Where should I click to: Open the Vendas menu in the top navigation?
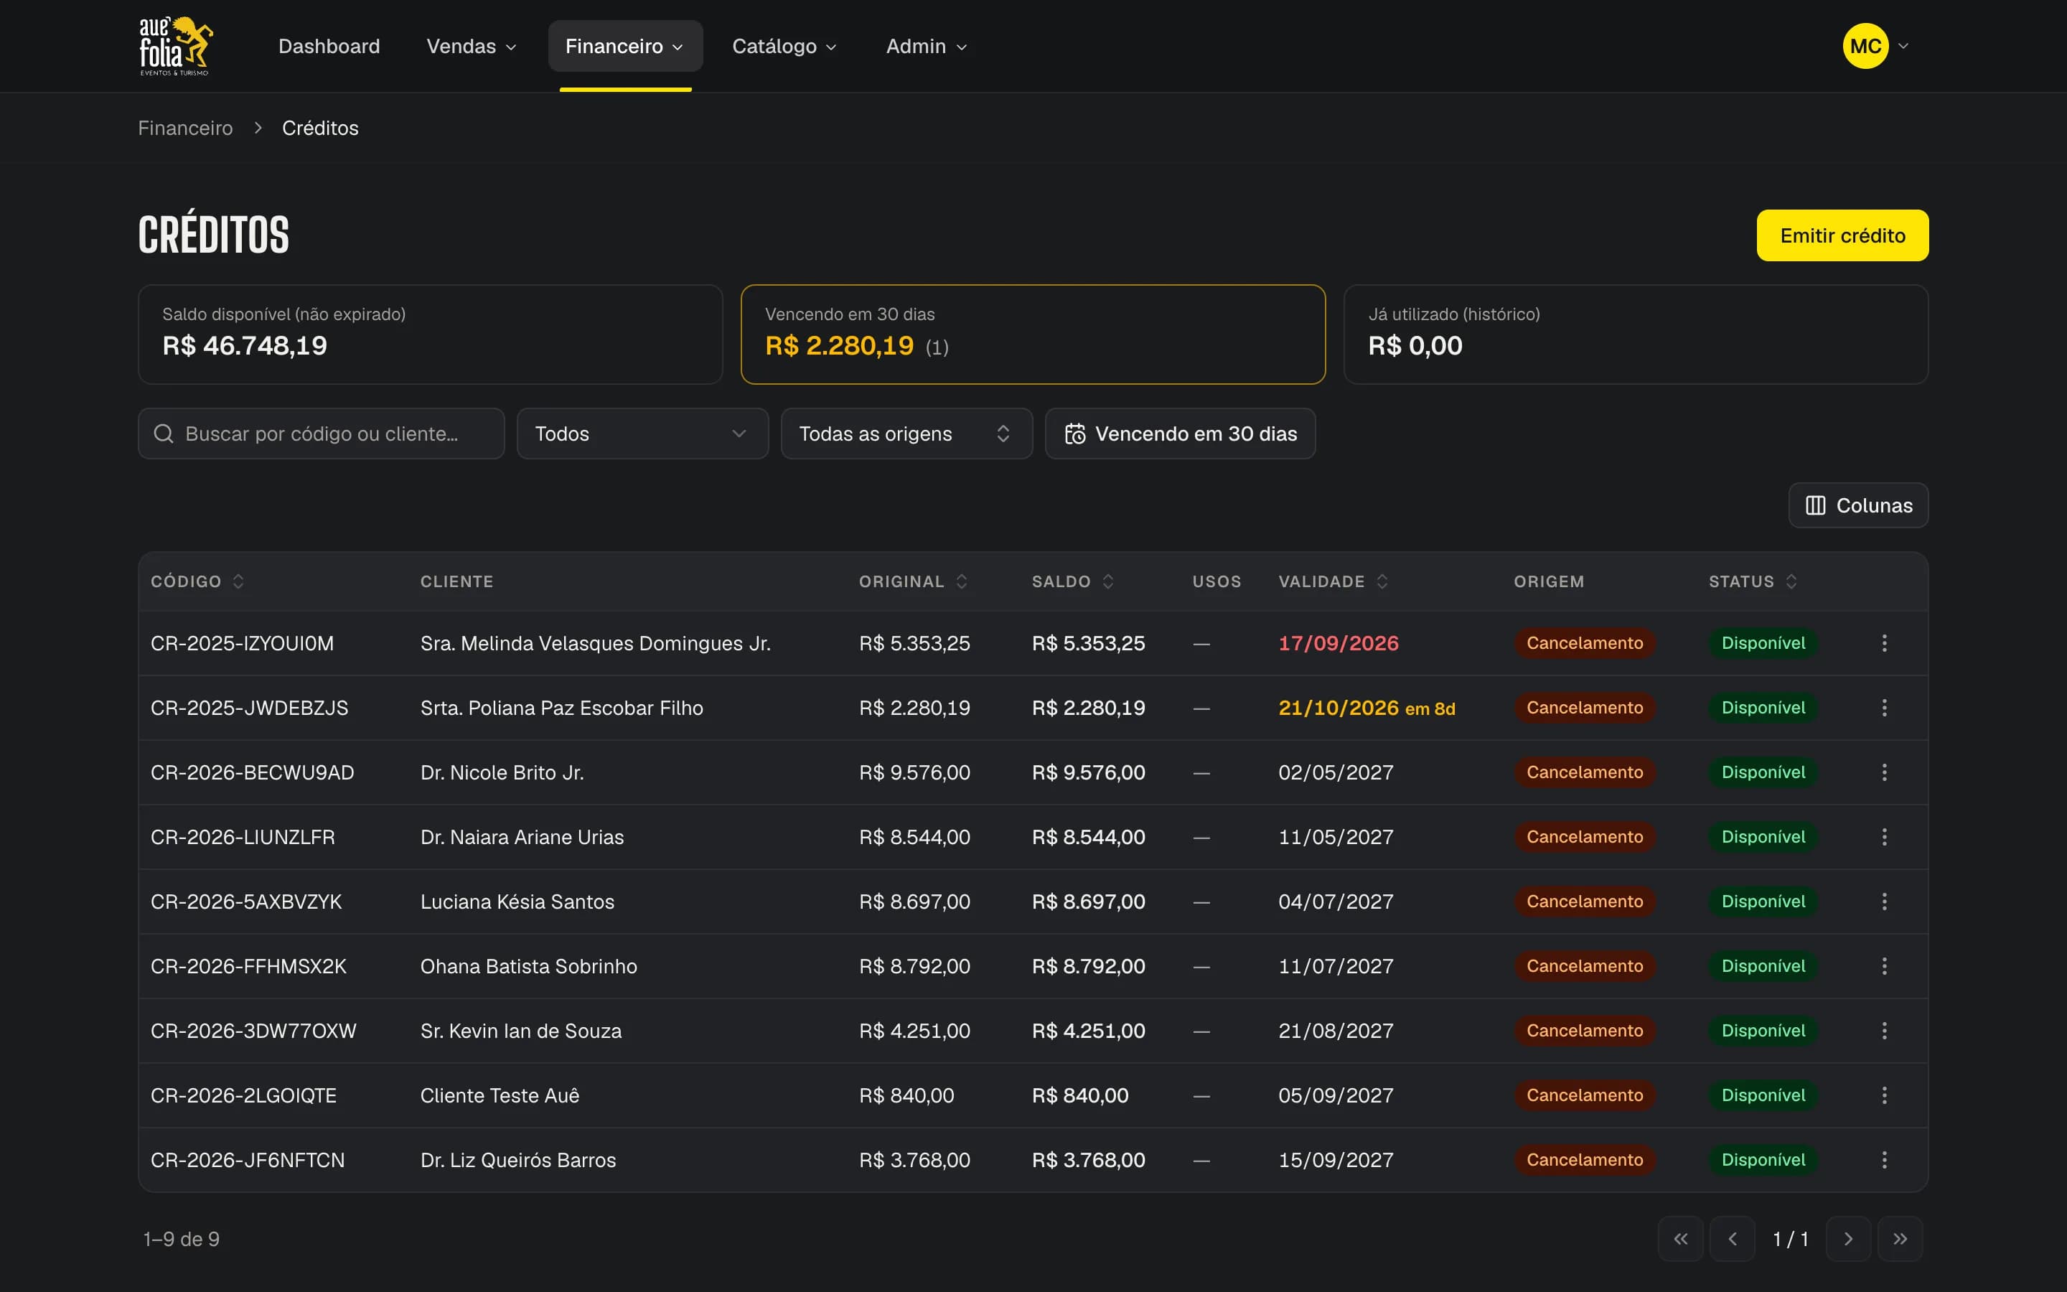pos(472,46)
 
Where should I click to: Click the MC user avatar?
pos(1865,46)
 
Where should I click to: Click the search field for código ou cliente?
pos(321,434)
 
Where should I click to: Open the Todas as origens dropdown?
pos(906,434)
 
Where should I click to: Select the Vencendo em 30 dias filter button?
pos(1180,434)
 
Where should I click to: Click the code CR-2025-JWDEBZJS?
pos(250,708)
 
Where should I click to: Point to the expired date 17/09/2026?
pos(1339,643)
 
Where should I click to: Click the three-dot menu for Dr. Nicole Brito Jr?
pos(1884,772)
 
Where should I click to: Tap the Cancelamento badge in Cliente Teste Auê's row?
pos(1585,1095)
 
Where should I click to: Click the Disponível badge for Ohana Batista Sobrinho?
pos(1763,966)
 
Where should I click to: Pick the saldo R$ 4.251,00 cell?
pos(1088,1031)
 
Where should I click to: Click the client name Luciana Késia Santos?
pos(517,902)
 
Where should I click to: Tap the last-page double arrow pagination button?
pos(1900,1239)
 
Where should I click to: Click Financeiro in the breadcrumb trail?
pos(185,128)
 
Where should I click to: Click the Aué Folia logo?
pos(176,46)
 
